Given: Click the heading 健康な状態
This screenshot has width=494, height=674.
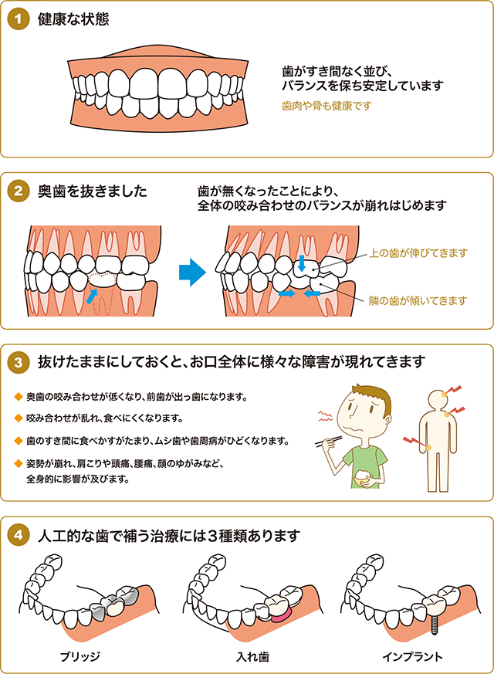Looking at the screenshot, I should click(x=73, y=19).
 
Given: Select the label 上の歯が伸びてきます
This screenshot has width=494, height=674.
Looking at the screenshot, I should click(x=419, y=252).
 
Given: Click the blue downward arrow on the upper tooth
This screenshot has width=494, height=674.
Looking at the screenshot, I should click(x=303, y=265).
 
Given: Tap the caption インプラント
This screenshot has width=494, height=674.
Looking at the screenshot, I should click(x=412, y=656).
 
